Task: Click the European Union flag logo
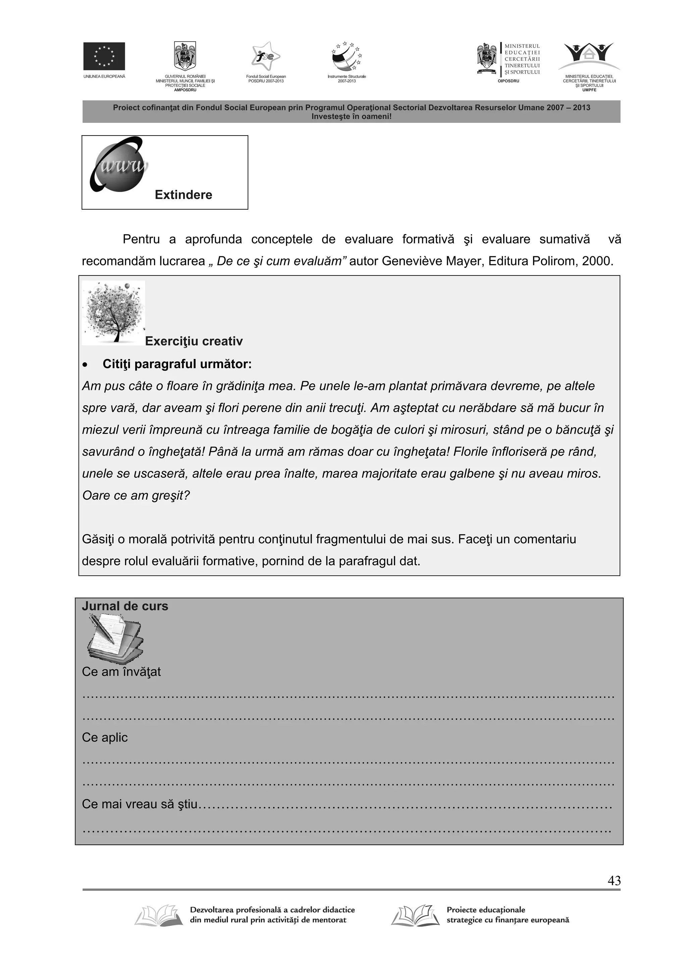click(x=104, y=56)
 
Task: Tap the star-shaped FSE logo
click(x=265, y=57)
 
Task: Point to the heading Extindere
click(x=183, y=195)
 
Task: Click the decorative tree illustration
click(x=113, y=312)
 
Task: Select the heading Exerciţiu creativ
click(x=194, y=341)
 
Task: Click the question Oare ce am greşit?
click(x=136, y=495)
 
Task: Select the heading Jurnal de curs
click(x=125, y=606)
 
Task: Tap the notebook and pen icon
click(x=115, y=639)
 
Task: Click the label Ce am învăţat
click(x=121, y=672)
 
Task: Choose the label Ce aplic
click(x=105, y=737)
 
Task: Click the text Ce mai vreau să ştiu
click(x=140, y=804)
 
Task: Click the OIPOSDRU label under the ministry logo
click(x=508, y=81)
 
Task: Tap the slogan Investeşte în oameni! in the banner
click(x=351, y=116)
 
